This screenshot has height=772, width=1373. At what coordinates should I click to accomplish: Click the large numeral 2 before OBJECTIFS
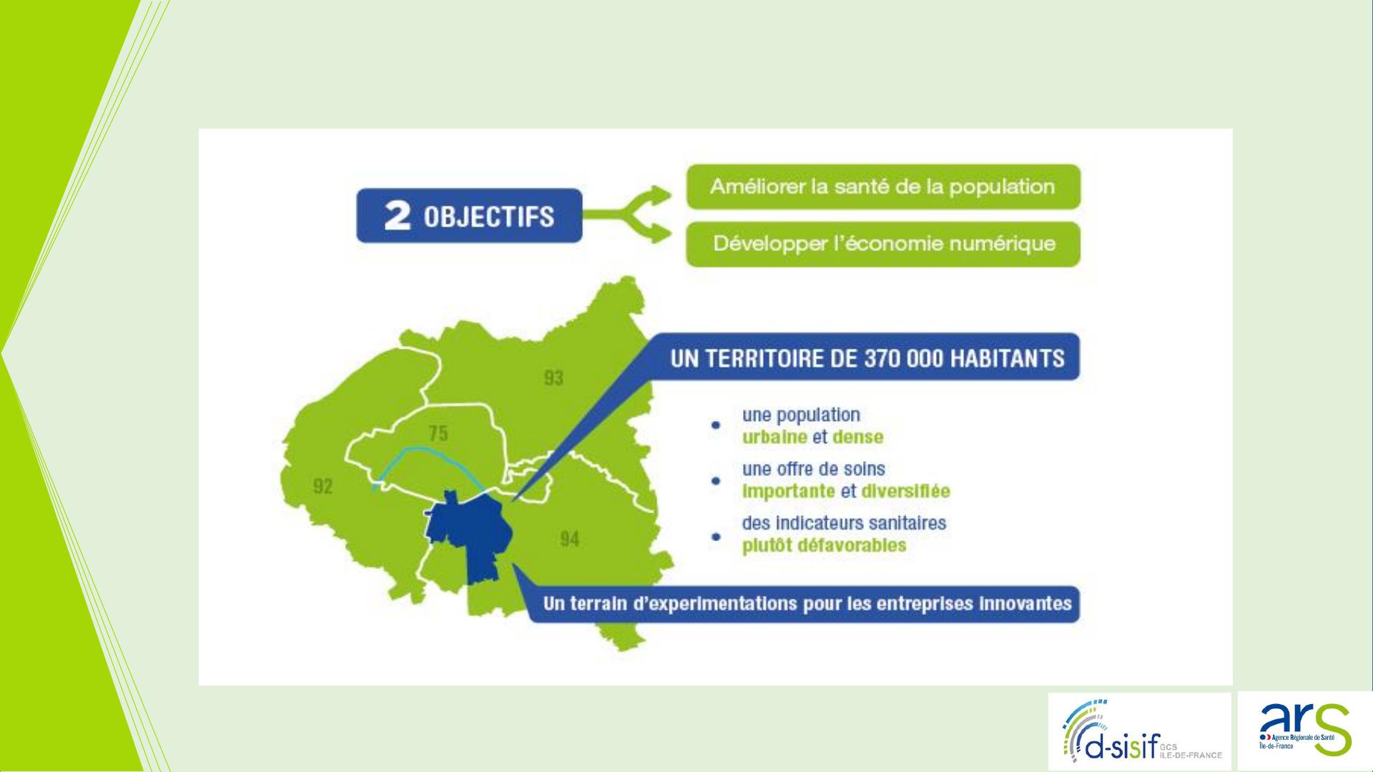click(397, 216)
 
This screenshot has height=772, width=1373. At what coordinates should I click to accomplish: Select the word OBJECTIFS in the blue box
click(488, 216)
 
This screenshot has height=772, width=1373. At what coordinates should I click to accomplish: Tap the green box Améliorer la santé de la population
click(883, 187)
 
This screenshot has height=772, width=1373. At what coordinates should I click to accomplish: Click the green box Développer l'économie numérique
click(883, 244)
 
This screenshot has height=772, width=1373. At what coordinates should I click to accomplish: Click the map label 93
click(553, 378)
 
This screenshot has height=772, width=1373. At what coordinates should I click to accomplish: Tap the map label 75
click(438, 433)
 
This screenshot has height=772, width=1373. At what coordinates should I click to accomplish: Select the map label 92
click(323, 487)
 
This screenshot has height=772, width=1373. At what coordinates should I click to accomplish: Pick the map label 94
click(569, 540)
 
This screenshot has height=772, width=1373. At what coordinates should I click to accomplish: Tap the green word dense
click(857, 437)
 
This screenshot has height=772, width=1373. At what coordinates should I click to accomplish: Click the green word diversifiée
click(906, 491)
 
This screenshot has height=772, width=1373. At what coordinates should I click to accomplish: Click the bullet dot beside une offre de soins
click(715, 481)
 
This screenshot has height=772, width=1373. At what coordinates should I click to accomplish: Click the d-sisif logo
click(1140, 731)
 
